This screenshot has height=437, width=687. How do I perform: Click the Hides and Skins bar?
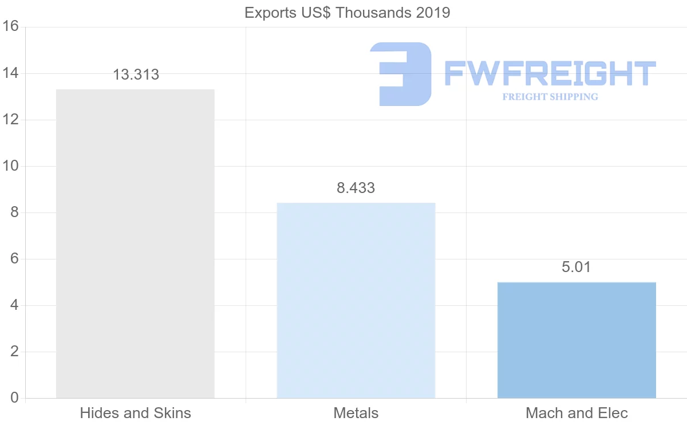pyautogui.click(x=135, y=243)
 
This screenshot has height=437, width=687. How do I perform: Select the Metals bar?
pyautogui.click(x=356, y=300)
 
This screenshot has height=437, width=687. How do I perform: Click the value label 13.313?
pyautogui.click(x=136, y=74)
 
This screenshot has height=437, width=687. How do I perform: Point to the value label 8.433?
pyautogui.click(x=356, y=188)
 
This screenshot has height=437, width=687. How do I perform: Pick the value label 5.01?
pyautogui.click(x=576, y=267)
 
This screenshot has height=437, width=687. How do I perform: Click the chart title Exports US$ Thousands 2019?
pyautogui.click(x=348, y=13)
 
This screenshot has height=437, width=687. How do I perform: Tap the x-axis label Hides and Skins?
pyautogui.click(x=136, y=413)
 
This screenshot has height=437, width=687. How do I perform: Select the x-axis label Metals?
pyautogui.click(x=356, y=413)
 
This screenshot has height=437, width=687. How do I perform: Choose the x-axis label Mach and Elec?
pyautogui.click(x=577, y=413)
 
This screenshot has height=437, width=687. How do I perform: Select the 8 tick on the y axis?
pyautogui.click(x=14, y=212)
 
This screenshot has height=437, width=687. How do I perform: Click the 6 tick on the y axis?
pyautogui.click(x=14, y=259)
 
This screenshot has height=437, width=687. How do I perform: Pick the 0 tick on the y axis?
pyautogui.click(x=14, y=398)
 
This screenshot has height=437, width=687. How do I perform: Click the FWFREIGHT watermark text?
pyautogui.click(x=550, y=73)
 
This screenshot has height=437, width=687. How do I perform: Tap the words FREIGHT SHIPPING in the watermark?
pyautogui.click(x=550, y=97)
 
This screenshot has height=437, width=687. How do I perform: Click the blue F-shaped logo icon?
pyautogui.click(x=401, y=73)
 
